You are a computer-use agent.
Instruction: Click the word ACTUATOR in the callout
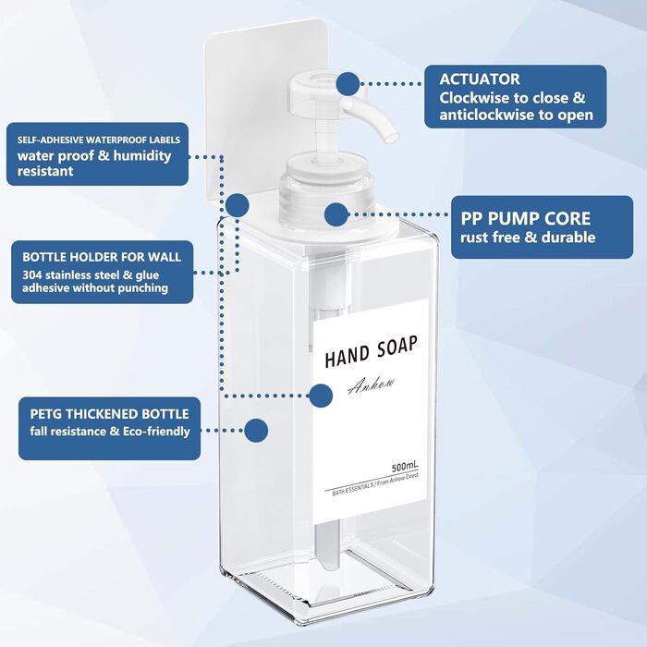pyautogui.click(x=479, y=79)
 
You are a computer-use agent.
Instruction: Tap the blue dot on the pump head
pyautogui.click(x=348, y=84)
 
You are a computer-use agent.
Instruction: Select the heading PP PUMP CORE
pyautogui.click(x=525, y=219)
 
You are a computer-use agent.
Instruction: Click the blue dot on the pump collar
pyautogui.click(x=336, y=214)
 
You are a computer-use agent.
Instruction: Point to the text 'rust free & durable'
pyautogui.click(x=528, y=238)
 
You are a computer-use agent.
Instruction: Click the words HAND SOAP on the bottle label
pyautogui.click(x=371, y=351)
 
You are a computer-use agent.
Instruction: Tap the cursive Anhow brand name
pyautogui.click(x=371, y=385)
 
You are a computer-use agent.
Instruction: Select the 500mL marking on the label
pyautogui.click(x=405, y=467)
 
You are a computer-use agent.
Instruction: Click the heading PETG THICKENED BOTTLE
pyautogui.click(x=109, y=414)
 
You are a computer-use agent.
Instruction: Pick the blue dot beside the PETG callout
pyautogui.click(x=256, y=431)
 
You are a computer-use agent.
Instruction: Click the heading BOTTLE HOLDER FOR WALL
pyautogui.click(x=102, y=257)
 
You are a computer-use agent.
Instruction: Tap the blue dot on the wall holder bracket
pyautogui.click(x=237, y=205)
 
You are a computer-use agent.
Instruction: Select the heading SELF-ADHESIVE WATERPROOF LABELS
pyautogui.click(x=99, y=140)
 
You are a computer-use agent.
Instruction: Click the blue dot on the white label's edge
pyautogui.click(x=321, y=396)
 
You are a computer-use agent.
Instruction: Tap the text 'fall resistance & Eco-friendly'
pyautogui.click(x=110, y=432)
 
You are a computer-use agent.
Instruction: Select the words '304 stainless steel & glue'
pyautogui.click(x=91, y=275)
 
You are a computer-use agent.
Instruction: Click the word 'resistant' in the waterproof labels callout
pyautogui.click(x=45, y=171)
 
